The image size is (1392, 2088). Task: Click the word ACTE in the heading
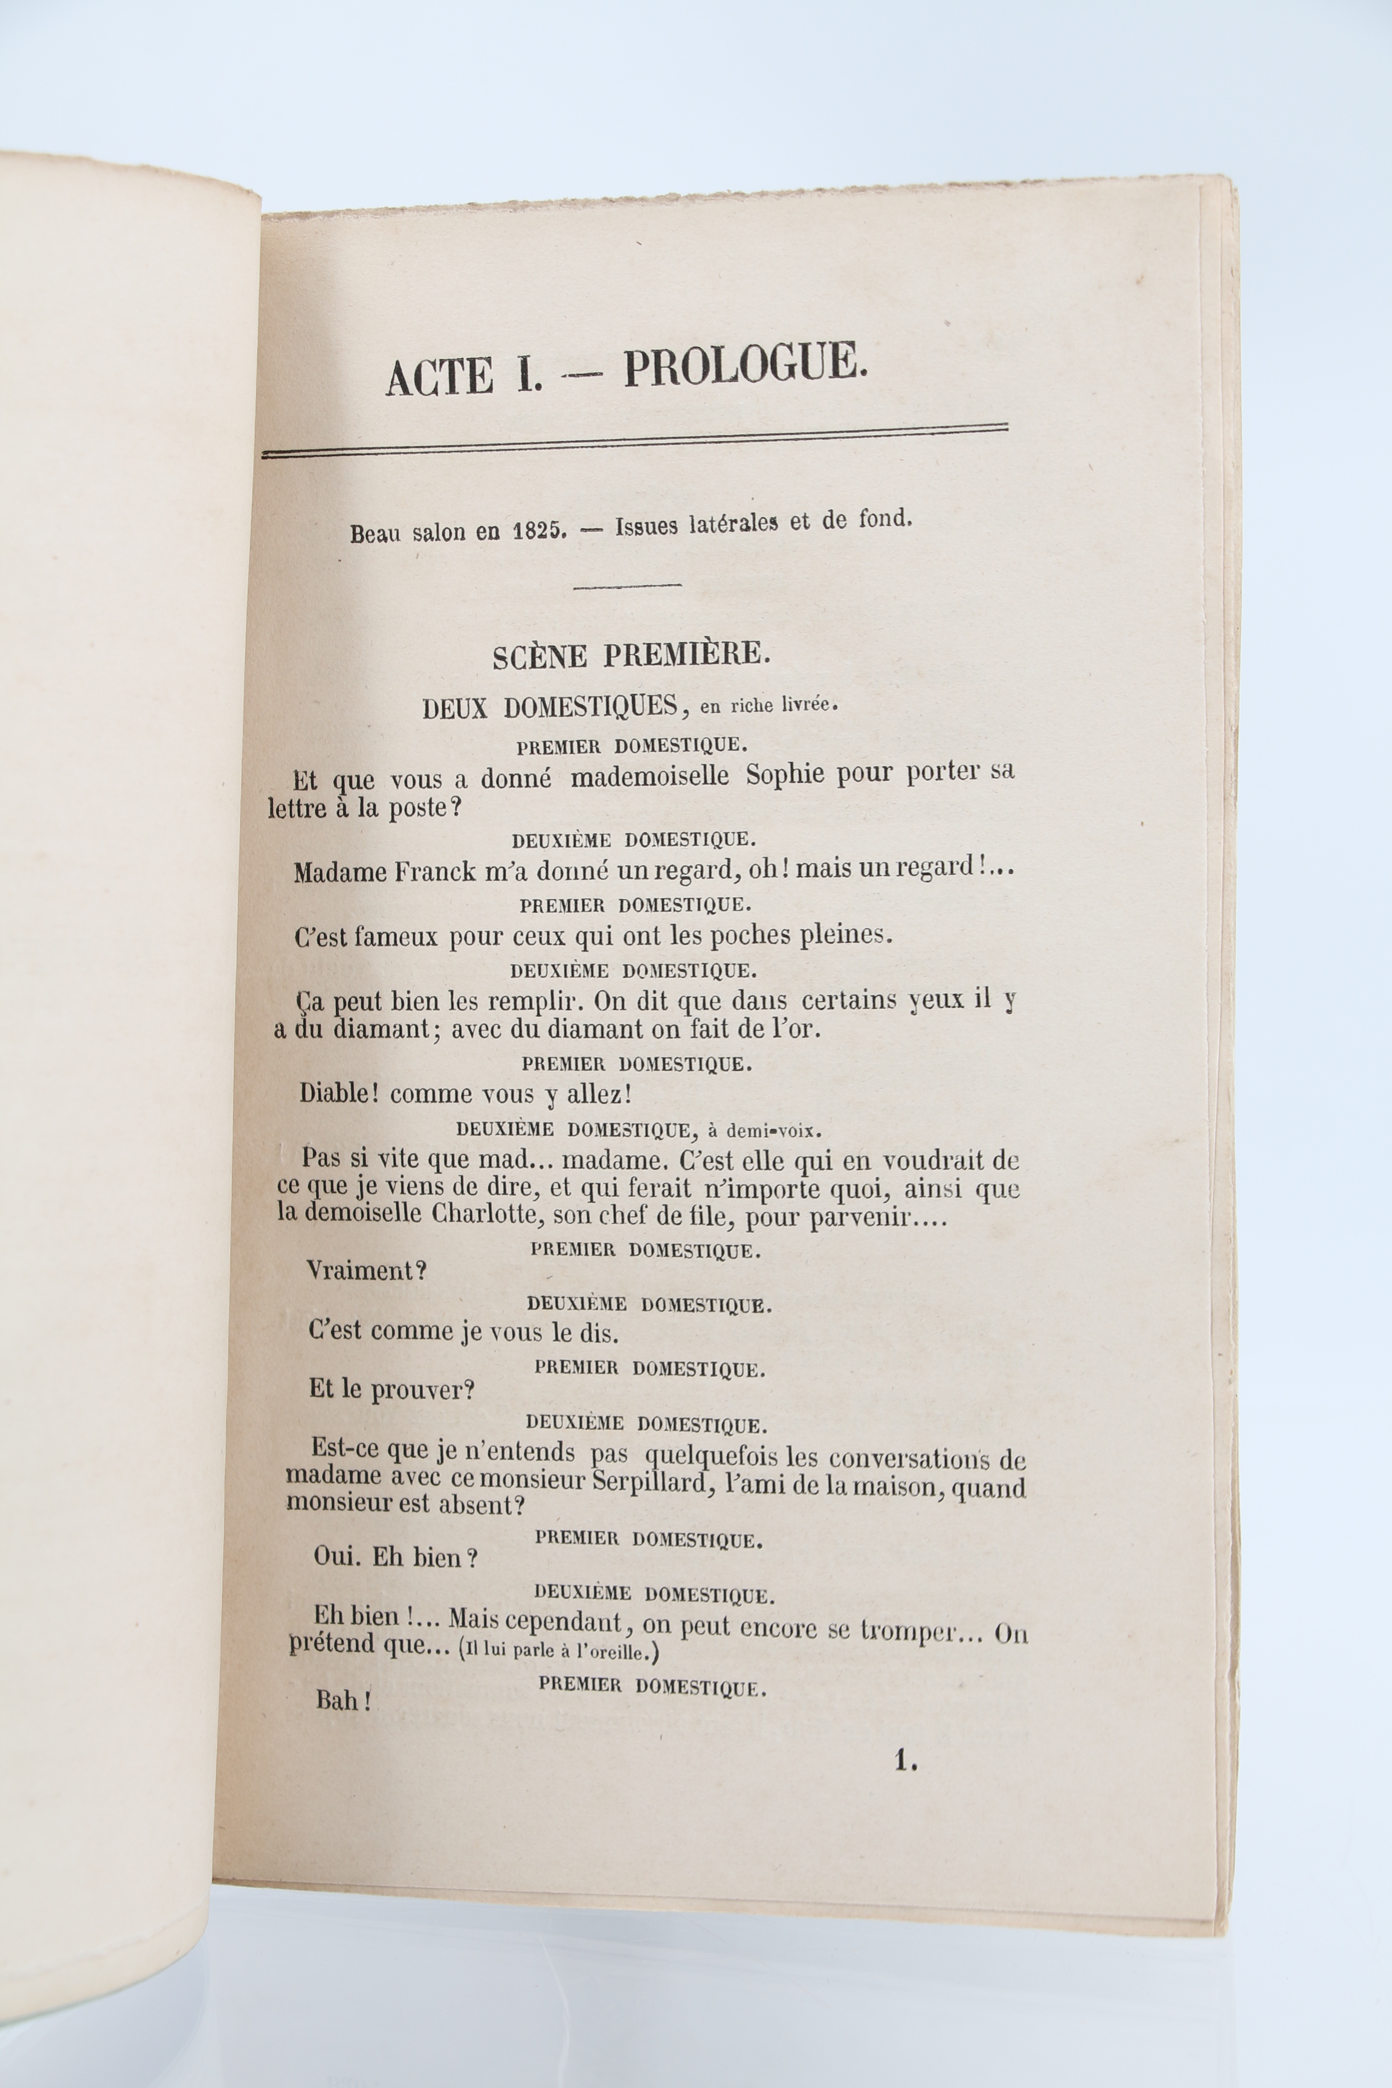point(439,376)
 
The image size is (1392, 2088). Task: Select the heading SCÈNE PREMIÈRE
point(631,655)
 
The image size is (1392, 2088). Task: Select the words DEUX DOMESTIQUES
point(550,707)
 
